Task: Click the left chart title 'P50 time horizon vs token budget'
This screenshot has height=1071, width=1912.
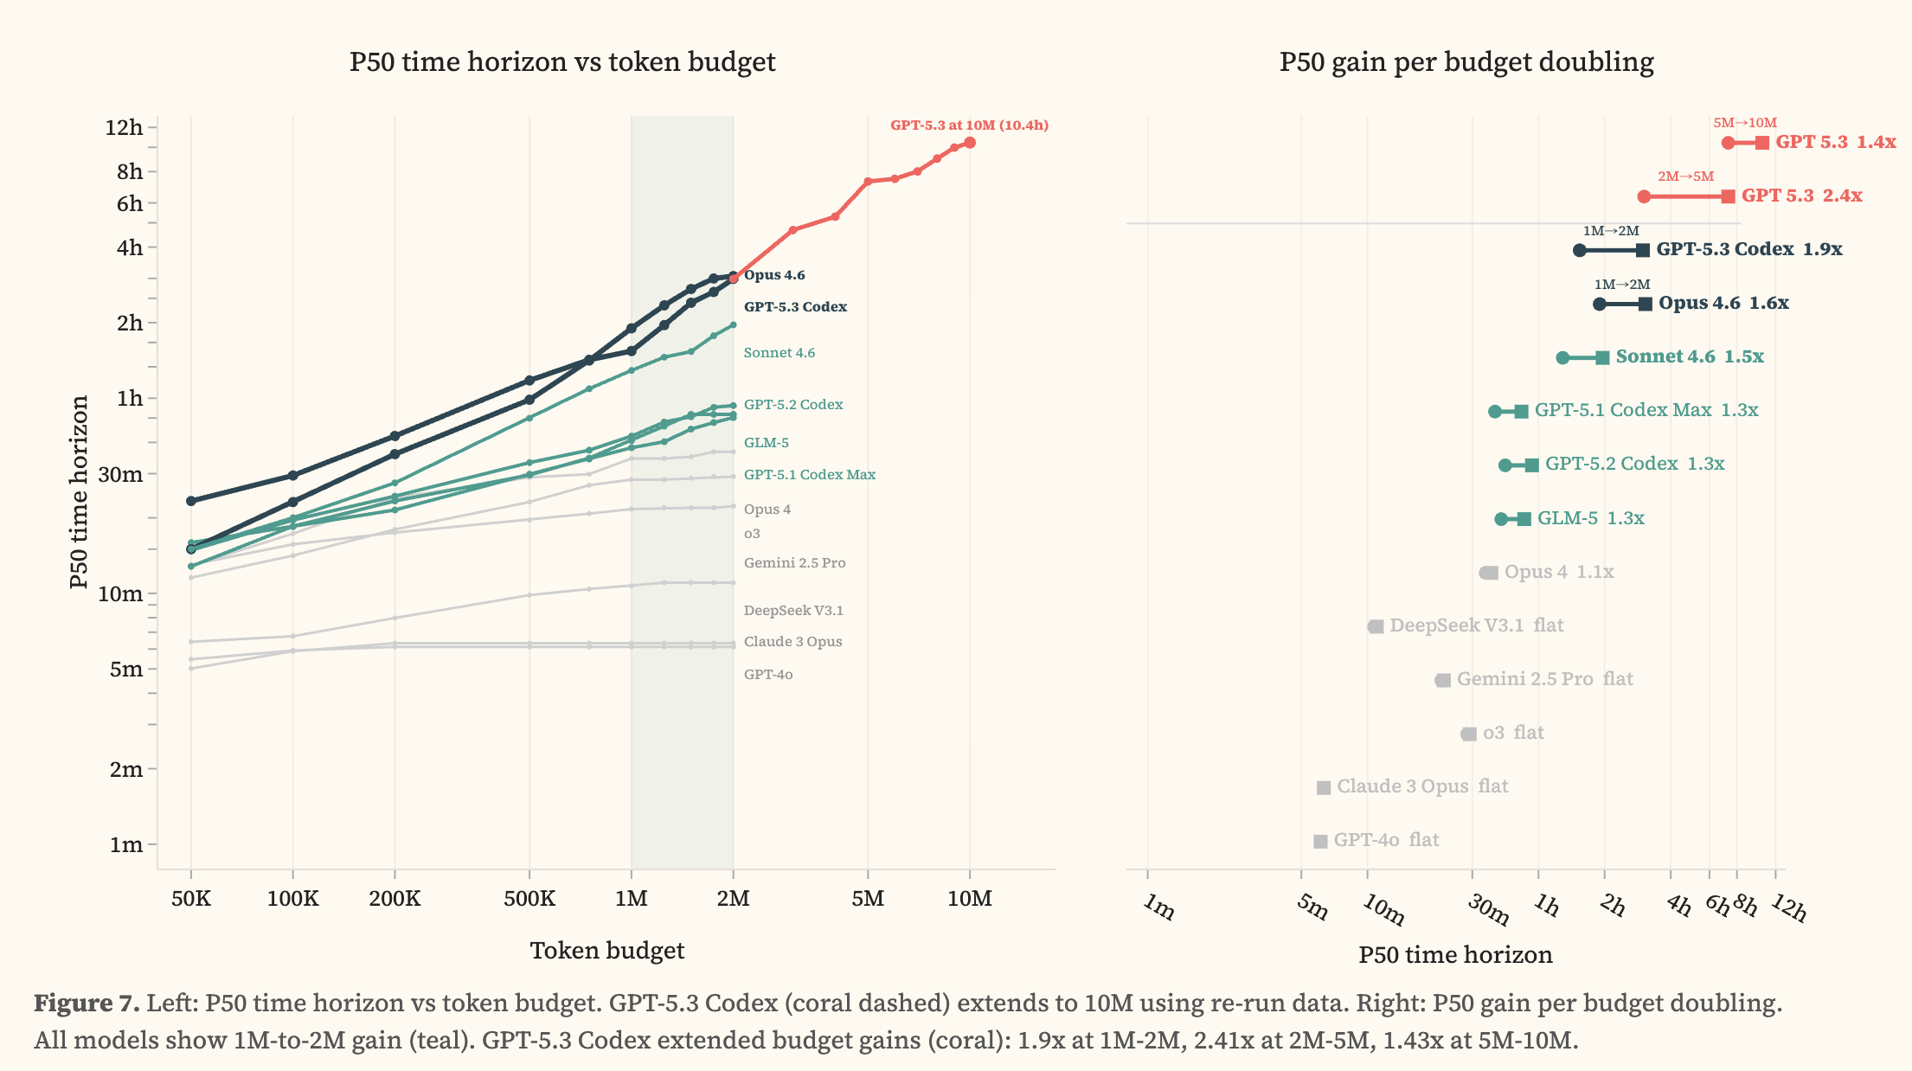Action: click(x=562, y=62)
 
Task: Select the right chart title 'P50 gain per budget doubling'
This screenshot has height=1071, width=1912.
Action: click(x=1466, y=62)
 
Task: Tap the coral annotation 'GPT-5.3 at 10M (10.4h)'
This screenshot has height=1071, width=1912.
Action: click(x=969, y=125)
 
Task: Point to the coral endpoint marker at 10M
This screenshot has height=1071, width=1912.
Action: click(x=970, y=143)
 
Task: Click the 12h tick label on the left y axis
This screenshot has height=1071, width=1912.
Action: click(x=124, y=128)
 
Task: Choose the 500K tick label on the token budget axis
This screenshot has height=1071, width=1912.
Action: click(x=529, y=899)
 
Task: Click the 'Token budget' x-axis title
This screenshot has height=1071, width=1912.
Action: click(x=606, y=951)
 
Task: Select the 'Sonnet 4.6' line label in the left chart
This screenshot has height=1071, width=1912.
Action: click(x=779, y=353)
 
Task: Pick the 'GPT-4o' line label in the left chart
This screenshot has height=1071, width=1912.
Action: click(x=768, y=675)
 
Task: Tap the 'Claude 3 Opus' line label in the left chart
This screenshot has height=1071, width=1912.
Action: click(x=792, y=642)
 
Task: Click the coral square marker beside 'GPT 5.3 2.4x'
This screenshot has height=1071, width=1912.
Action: click(x=1728, y=196)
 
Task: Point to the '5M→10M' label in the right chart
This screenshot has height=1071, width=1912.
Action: click(x=1744, y=123)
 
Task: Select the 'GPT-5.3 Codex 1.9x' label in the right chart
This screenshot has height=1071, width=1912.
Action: click(x=1748, y=250)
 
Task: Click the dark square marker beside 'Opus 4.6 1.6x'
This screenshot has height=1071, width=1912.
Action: click(x=1645, y=304)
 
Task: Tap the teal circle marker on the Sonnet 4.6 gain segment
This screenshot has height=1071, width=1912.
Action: click(x=1562, y=358)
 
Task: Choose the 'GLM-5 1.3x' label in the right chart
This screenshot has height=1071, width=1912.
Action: click(x=1590, y=518)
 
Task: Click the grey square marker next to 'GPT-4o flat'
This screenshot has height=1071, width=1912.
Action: click(x=1320, y=841)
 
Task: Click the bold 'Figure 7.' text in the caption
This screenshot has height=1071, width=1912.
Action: click(x=87, y=1004)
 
